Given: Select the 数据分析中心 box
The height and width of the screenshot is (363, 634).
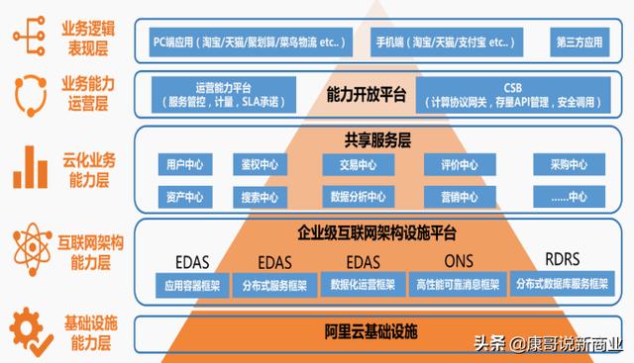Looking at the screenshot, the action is pos(354,195).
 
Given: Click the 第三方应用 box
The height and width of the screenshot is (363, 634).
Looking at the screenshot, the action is pos(578,45).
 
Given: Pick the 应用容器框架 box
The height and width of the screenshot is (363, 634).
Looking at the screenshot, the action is pos(183,285).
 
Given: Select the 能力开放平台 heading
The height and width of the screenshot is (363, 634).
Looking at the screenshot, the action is pos(366,95).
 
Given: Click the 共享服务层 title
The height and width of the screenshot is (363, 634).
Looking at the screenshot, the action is pos(365,139).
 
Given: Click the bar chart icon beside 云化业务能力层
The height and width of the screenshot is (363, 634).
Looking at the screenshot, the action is pos(31,168).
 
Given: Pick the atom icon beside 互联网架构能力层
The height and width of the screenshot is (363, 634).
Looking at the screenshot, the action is pos(31,245).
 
